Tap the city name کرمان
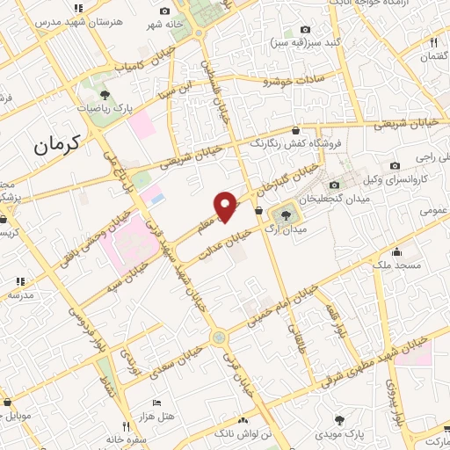(x=57, y=144)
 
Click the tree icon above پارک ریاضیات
(x=105, y=93)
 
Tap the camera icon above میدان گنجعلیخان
(x=334, y=185)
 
